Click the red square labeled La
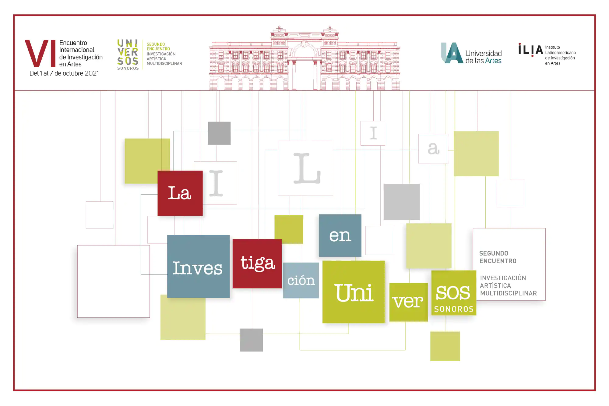click(180, 193)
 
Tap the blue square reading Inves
click(198, 267)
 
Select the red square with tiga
click(257, 263)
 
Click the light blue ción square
click(301, 280)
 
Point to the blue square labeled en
click(340, 235)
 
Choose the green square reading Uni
click(354, 292)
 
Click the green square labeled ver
click(408, 302)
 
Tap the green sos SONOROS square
click(454, 293)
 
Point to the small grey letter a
click(433, 149)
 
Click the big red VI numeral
click(40, 53)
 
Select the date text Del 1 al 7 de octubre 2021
click(64, 73)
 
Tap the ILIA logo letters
click(530, 50)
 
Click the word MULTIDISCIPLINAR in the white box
click(508, 293)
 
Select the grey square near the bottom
click(251, 340)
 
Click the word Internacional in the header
click(77, 50)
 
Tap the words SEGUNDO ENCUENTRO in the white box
click(498, 257)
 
